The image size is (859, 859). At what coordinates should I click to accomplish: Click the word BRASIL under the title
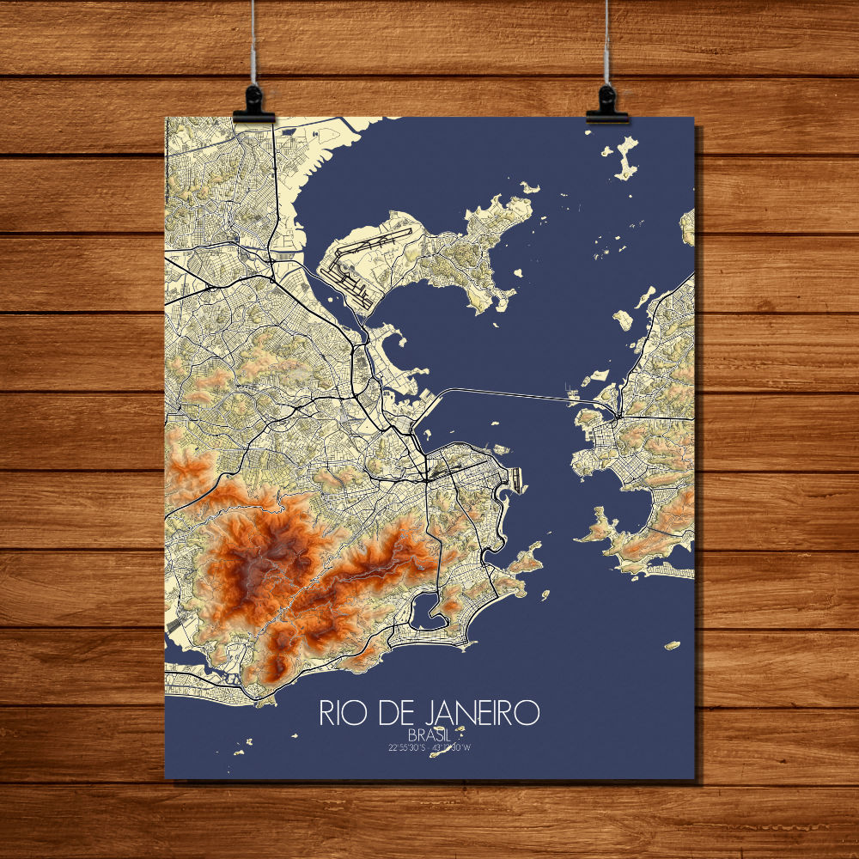[x=429, y=735]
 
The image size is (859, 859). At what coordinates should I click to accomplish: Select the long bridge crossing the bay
[x=507, y=393]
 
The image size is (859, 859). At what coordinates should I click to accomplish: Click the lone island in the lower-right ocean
[x=672, y=644]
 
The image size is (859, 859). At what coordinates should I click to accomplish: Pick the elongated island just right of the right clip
[x=625, y=160]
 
